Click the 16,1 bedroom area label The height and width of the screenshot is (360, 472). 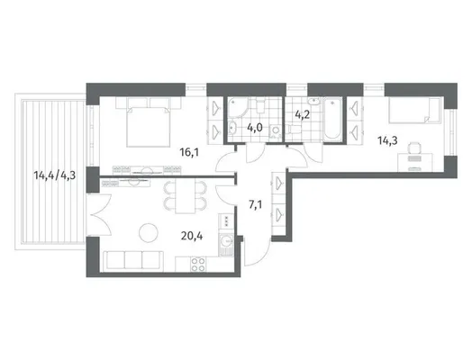(189, 152)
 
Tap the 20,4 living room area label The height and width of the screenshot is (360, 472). (192, 236)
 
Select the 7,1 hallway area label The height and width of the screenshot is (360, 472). (255, 205)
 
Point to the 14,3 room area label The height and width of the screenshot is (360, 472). (387, 140)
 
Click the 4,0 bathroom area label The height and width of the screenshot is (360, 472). (255, 128)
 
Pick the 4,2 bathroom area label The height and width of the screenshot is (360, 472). (302, 114)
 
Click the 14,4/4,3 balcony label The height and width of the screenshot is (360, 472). (54, 175)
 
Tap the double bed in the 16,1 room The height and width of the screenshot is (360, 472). (148, 122)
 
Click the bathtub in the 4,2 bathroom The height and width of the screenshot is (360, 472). (332, 118)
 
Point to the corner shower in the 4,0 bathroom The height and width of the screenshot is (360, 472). (238, 107)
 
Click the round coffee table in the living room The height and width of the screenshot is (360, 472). (149, 232)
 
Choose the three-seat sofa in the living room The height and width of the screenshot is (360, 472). (133, 260)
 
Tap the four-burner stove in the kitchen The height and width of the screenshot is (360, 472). (197, 265)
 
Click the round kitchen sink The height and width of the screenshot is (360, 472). (225, 241)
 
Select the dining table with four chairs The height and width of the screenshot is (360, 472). (186, 197)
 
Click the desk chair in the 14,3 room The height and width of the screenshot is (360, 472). (414, 149)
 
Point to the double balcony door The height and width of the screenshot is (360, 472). (99, 215)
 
